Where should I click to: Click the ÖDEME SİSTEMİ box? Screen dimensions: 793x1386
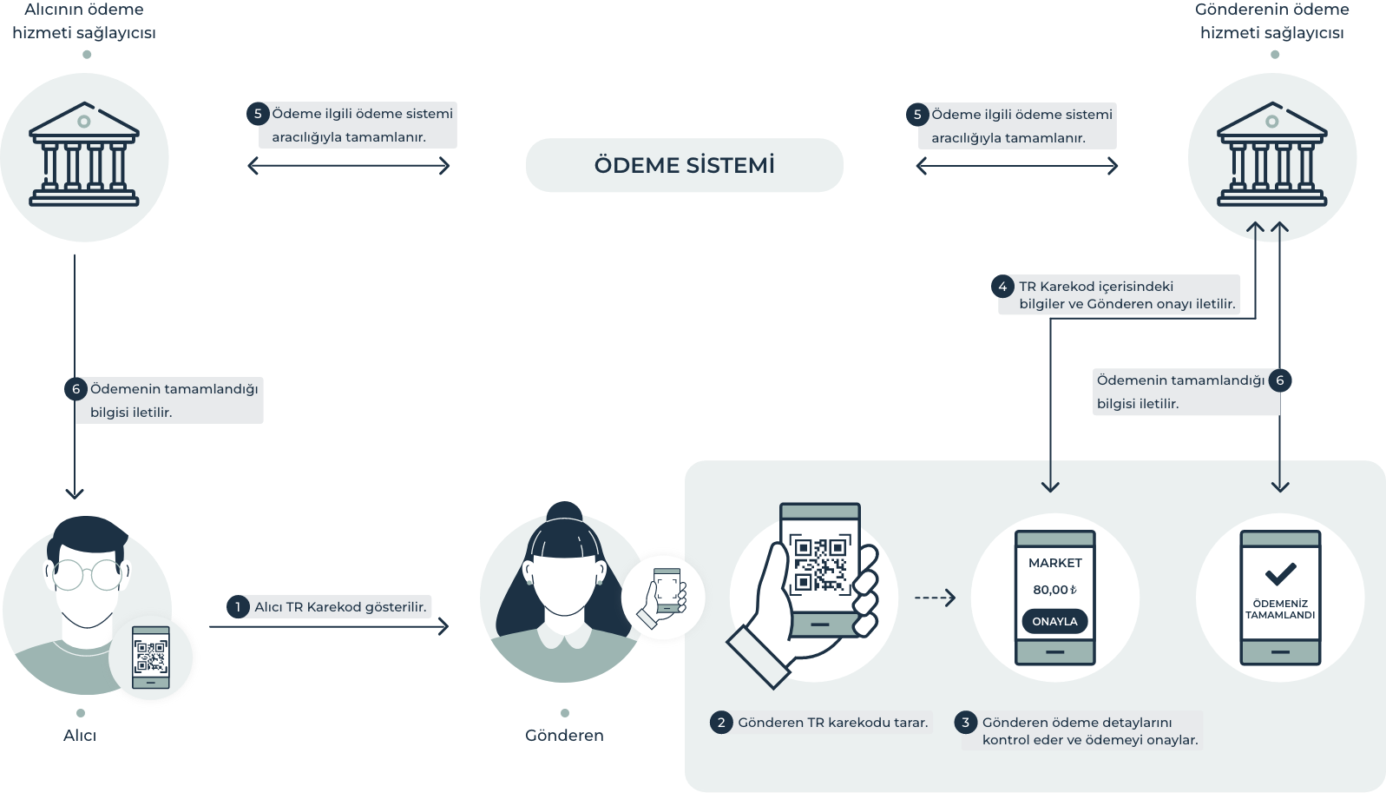click(684, 165)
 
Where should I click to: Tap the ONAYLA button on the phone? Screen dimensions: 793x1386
click(1054, 621)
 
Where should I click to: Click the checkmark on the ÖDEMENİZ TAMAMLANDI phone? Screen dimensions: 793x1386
click(1280, 573)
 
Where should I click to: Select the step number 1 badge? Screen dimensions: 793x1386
click(238, 606)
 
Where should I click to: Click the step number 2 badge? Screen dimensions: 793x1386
click(721, 722)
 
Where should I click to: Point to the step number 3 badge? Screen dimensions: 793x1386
click(965, 722)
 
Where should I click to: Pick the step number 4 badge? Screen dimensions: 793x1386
click(1002, 287)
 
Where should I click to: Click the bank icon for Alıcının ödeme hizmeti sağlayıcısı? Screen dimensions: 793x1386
click(84, 156)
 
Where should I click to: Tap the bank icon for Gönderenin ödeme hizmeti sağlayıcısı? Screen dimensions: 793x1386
click(1272, 156)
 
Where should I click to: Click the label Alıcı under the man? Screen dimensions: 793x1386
click(80, 736)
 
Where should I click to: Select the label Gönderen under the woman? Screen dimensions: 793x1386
click(564, 736)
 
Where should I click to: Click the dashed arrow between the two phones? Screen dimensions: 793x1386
click(935, 598)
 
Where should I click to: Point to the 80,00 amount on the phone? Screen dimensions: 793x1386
click(1054, 590)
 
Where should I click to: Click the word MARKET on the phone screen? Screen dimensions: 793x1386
click(1055, 563)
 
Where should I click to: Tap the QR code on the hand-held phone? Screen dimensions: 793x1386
click(819, 565)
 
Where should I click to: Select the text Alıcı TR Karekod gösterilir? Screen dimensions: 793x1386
click(340, 606)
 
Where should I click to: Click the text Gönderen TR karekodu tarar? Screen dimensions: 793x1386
click(832, 722)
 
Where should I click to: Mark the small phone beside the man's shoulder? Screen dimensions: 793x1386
click(151, 657)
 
